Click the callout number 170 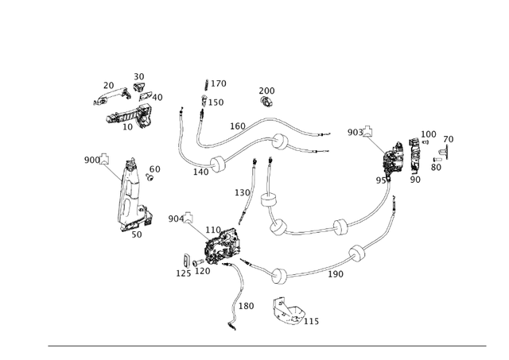(218, 83)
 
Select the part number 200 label (266, 91)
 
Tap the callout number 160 (238, 126)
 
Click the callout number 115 (311, 321)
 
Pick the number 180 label (246, 306)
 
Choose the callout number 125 (184, 273)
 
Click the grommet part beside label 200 (267, 103)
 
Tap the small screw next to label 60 (149, 178)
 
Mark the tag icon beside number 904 (192, 219)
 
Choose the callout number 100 (429, 134)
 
